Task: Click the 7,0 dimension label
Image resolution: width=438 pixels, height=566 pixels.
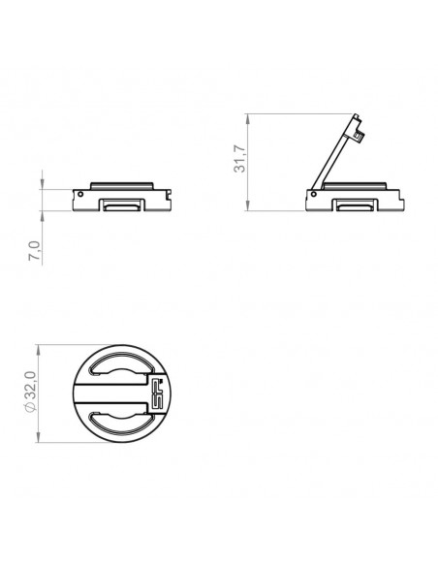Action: pyautogui.click(x=35, y=250)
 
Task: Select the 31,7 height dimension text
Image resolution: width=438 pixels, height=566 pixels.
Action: pyautogui.click(x=239, y=159)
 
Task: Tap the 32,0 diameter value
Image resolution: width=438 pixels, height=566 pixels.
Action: pyautogui.click(x=31, y=385)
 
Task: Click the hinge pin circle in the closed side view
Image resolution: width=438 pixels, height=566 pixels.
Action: pyautogui.click(x=80, y=194)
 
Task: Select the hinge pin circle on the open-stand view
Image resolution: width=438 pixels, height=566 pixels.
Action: pyautogui.click(x=314, y=194)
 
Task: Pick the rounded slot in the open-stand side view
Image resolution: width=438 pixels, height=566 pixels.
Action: pyautogui.click(x=355, y=206)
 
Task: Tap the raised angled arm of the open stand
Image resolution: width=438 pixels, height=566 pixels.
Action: pyautogui.click(x=333, y=155)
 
